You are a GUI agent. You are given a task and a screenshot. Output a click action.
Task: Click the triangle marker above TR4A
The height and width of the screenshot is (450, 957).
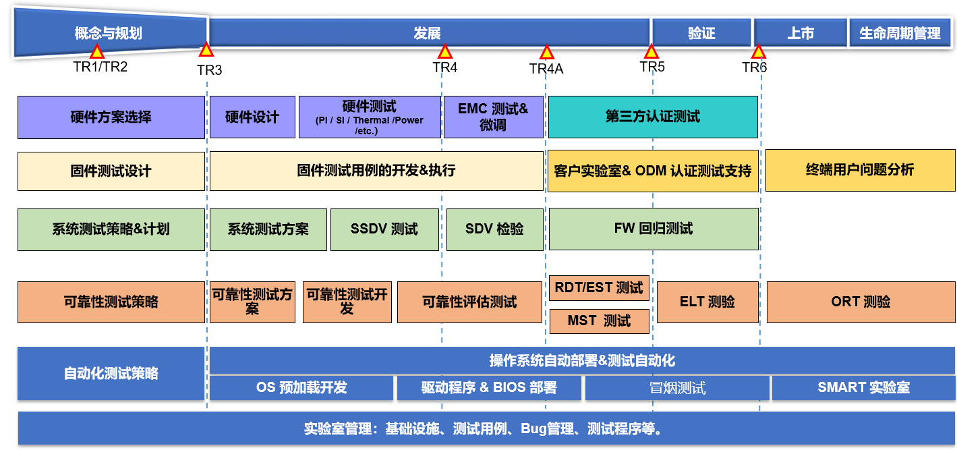[547, 53]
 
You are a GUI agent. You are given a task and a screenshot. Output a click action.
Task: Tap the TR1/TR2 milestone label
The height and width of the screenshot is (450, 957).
[100, 67]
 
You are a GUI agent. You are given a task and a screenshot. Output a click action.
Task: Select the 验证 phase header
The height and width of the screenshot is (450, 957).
[701, 33]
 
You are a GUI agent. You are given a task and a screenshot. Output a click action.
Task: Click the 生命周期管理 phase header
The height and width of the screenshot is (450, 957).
[900, 33]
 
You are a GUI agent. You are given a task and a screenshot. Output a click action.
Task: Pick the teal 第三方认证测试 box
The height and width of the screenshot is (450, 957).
[652, 117]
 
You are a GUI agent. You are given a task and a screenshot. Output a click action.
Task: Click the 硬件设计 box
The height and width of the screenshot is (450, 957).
[252, 117]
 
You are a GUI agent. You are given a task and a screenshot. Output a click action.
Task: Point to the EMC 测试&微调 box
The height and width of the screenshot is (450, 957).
[493, 117]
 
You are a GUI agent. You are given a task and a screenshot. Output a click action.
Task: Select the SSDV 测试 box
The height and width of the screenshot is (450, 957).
[384, 229]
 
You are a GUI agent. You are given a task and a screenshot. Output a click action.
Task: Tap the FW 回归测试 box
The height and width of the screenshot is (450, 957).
[653, 229]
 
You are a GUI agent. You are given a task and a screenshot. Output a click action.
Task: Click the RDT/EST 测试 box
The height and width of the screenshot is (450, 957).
[599, 288]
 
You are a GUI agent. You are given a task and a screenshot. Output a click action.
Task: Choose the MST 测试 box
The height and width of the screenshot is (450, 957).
[599, 321]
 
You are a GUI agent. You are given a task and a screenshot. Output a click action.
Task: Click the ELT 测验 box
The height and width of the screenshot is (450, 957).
[707, 302]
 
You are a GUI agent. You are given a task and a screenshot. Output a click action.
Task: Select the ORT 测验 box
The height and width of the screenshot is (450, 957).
[861, 302]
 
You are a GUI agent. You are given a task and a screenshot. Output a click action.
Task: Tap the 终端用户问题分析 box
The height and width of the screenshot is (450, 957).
[860, 171]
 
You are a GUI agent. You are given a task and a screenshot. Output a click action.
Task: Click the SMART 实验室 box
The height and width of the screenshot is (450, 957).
[863, 388]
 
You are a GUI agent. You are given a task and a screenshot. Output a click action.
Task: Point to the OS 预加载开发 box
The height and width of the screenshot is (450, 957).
[301, 388]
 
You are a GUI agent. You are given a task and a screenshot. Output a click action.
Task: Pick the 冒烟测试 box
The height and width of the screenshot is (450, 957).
[676, 388]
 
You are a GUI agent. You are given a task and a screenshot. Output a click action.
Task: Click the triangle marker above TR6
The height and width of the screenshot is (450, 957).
[759, 52]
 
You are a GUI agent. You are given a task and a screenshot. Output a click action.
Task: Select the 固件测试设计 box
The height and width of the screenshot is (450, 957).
[111, 171]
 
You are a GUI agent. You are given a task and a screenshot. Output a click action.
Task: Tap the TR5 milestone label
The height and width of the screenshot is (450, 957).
[652, 67]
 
